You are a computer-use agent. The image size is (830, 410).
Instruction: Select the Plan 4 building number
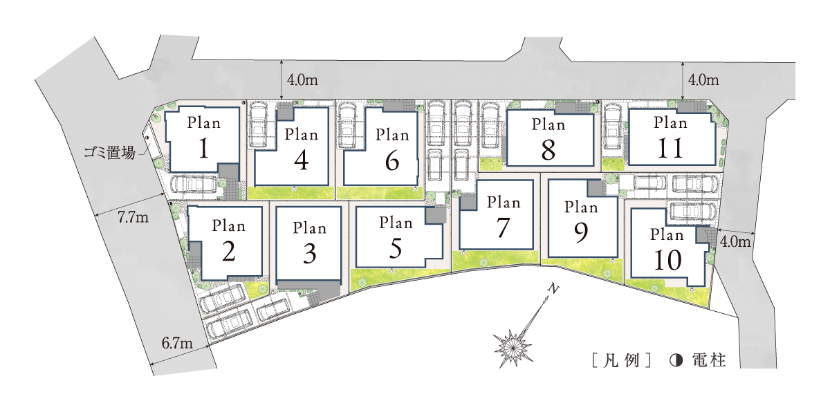(302, 160)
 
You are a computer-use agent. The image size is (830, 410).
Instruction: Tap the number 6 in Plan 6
(392, 160)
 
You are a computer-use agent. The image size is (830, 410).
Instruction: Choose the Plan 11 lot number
(670, 149)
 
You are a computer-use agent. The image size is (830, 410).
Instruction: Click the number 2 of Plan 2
(229, 252)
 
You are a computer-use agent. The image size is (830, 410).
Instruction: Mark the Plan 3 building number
(309, 254)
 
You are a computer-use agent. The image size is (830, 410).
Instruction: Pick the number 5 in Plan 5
(396, 248)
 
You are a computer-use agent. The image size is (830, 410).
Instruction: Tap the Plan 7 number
(503, 227)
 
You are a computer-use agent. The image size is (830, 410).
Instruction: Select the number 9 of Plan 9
(580, 232)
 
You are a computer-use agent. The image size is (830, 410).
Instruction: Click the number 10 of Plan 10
(667, 260)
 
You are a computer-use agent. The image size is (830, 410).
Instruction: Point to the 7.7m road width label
(133, 217)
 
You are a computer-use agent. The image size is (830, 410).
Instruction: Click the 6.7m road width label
(177, 344)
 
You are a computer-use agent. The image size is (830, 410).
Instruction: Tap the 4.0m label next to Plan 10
(735, 242)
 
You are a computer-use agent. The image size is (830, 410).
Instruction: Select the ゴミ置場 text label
(109, 153)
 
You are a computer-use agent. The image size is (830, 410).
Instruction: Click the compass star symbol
(513, 348)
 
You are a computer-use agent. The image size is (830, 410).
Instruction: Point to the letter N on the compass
(553, 288)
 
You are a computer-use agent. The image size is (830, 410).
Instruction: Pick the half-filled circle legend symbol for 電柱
(676, 360)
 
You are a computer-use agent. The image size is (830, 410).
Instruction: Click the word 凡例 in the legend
(621, 360)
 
